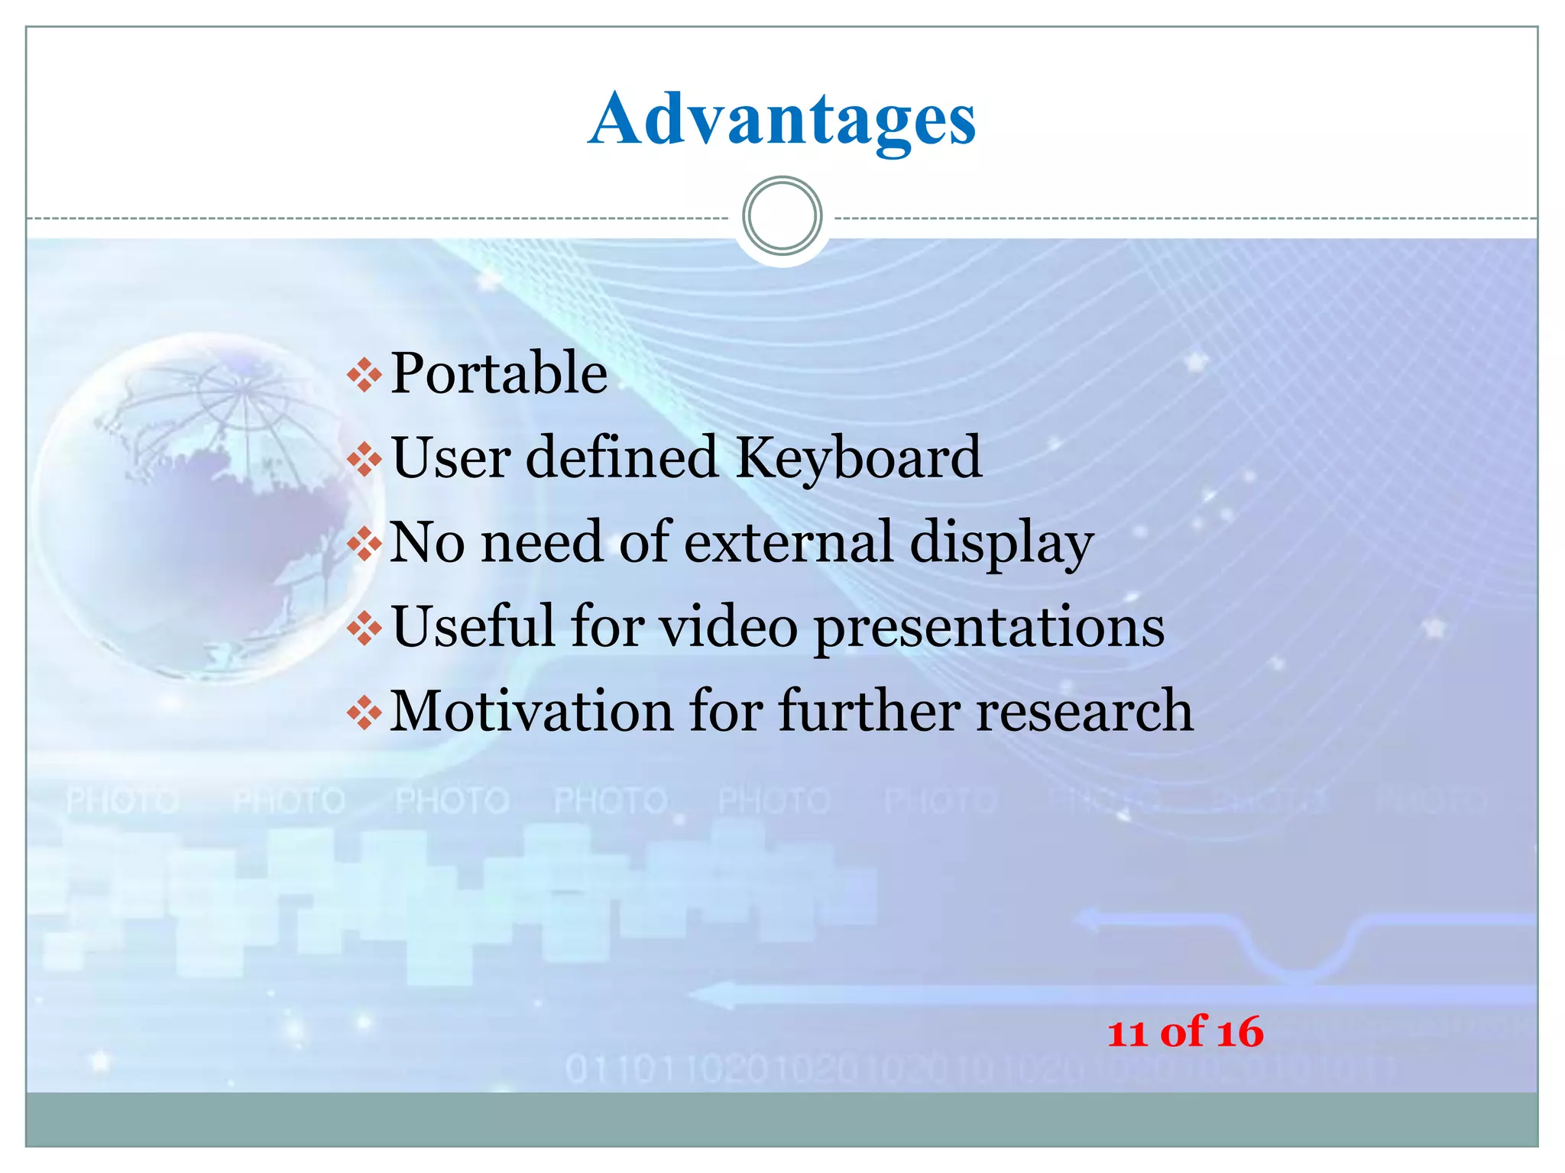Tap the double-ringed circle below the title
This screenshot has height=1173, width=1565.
tap(782, 216)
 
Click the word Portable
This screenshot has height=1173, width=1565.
tap(499, 373)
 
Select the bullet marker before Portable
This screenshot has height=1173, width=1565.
tap(365, 375)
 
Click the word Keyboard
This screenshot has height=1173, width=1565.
tap(858, 458)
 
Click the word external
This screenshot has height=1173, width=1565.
tap(788, 541)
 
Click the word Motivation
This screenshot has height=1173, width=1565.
tap(532, 711)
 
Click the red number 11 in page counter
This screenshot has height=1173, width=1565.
tap(1127, 1034)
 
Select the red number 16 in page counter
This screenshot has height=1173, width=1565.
tap(1240, 1032)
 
